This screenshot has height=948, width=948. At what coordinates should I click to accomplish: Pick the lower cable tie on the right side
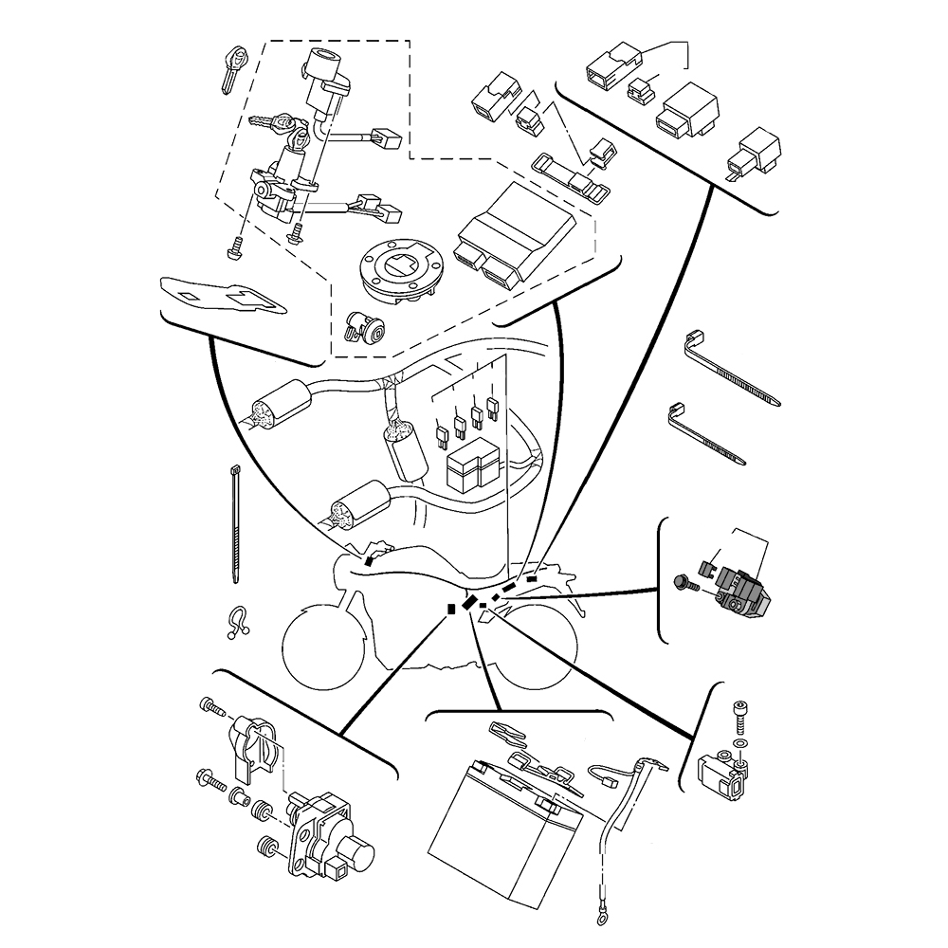point(711,433)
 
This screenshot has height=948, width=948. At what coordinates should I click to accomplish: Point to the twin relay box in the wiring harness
point(472,467)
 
